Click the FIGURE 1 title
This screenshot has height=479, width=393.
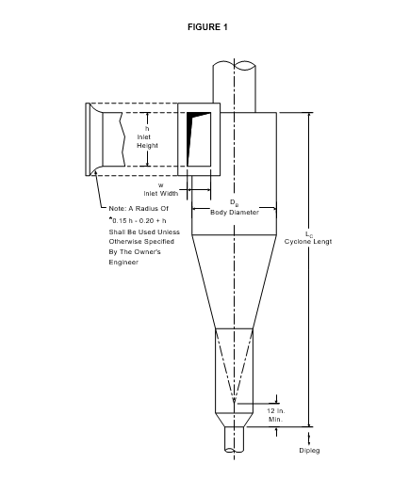pyautogui.click(x=207, y=27)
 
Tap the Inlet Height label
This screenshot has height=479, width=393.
pyautogui.click(x=147, y=141)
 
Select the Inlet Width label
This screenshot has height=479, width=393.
pyautogui.click(x=161, y=194)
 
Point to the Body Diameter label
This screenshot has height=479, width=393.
pyautogui.click(x=235, y=213)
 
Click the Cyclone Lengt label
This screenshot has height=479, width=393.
pyautogui.click(x=308, y=242)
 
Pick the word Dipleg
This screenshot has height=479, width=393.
pyautogui.click(x=309, y=451)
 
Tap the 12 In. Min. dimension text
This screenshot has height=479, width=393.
pyautogui.click(x=276, y=415)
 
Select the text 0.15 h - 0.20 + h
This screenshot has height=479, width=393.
pyautogui.click(x=139, y=220)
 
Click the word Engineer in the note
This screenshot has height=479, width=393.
pyautogui.click(x=123, y=263)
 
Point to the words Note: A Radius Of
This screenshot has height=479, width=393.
pyautogui.click(x=139, y=209)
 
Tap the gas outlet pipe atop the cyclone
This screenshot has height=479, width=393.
pyautogui.click(x=235, y=87)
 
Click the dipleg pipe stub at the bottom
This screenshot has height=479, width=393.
pyautogui.click(x=235, y=439)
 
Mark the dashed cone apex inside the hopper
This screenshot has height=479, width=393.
pyautogui.click(x=234, y=400)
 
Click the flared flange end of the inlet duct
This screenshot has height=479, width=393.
pyautogui.click(x=91, y=139)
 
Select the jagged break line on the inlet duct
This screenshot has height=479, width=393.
pyautogui.click(x=122, y=139)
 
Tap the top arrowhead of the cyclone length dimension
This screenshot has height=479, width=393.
pyautogui.click(x=309, y=115)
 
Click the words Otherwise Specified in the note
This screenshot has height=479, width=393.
pyautogui.click(x=141, y=242)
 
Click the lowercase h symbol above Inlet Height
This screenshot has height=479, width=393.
pyautogui.click(x=147, y=129)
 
